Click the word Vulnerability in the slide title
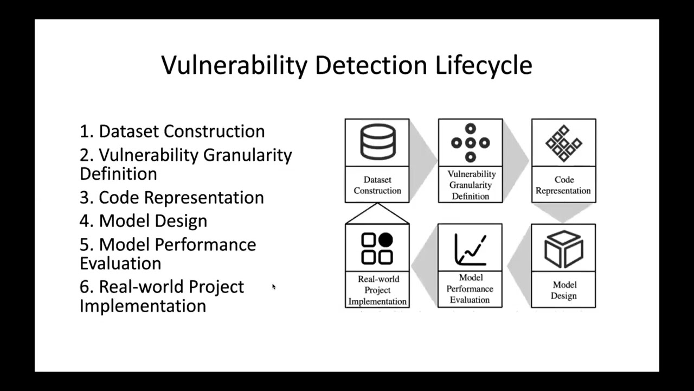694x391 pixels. click(234, 65)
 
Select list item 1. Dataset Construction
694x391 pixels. click(172, 131)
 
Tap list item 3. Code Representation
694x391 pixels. click(172, 197)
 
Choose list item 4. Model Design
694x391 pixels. click(144, 221)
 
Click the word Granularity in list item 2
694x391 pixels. click(248, 155)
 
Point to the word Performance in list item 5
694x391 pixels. click(205, 244)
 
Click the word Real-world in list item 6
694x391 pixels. click(171, 287)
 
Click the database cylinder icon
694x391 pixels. click(377, 142)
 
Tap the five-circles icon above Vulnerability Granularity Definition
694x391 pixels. click(470, 143)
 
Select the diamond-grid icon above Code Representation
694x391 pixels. click(563, 143)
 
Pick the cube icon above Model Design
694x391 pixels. click(563, 249)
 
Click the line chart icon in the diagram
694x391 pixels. click(470, 249)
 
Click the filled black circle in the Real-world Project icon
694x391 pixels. click(385, 240)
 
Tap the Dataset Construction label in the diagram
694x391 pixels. click(377, 185)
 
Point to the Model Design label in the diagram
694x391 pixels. click(563, 290)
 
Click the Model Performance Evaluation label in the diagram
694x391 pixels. click(470, 289)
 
